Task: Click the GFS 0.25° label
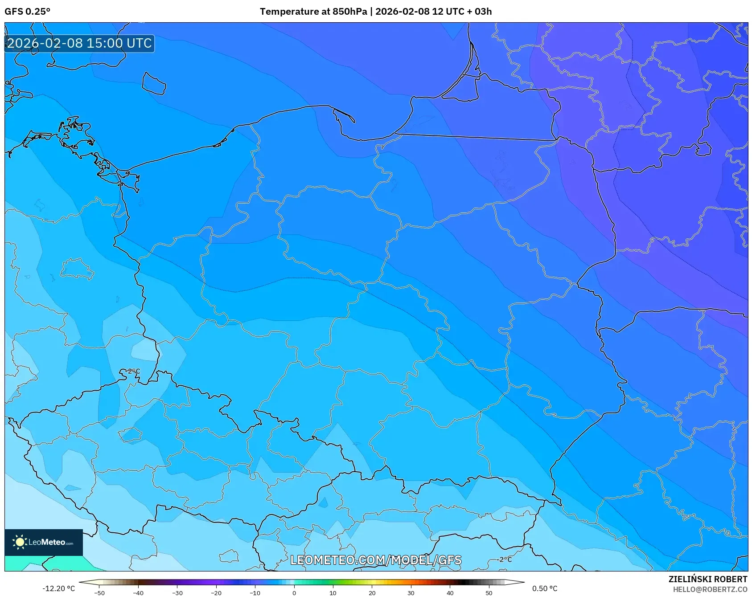click(27, 12)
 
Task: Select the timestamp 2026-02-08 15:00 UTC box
click(80, 43)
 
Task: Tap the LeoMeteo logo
click(44, 542)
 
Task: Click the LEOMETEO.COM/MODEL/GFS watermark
click(376, 560)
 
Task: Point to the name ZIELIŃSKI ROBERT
click(707, 579)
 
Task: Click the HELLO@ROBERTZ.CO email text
click(710, 589)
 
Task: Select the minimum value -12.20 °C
click(58, 588)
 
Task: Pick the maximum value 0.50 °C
click(544, 588)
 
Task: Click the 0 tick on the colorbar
click(294, 592)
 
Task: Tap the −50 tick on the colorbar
click(99, 592)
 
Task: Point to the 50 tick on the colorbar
click(489, 592)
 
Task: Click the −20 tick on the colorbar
click(216, 592)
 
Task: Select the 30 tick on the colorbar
click(411, 592)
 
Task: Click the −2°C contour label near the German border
click(132, 371)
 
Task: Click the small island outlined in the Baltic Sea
click(154, 84)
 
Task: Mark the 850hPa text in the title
click(349, 12)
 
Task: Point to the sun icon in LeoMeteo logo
click(20, 542)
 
